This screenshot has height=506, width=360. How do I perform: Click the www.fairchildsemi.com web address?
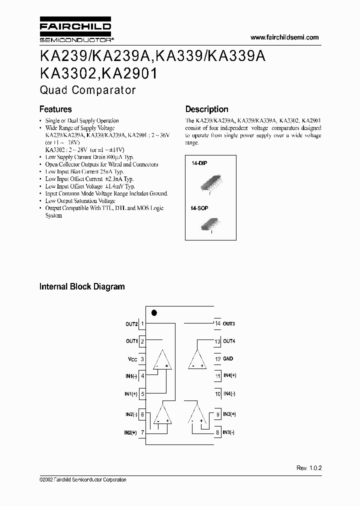pos(284,37)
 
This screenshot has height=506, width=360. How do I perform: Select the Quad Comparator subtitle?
pos(87,90)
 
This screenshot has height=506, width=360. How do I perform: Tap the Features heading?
pos(55,109)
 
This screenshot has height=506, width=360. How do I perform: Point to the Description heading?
pos(206,109)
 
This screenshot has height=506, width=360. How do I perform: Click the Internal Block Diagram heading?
pos(82,287)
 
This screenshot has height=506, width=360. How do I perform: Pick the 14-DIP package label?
pos(199,163)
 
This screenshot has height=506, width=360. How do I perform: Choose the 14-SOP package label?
pos(200,207)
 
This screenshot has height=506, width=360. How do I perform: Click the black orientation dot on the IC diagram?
pos(154,313)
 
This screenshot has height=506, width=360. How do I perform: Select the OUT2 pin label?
pos(131,324)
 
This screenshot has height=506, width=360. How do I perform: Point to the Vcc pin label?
pos(132,359)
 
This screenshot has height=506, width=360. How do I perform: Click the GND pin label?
pos(228,358)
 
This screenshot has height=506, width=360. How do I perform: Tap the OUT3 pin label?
pos(229,324)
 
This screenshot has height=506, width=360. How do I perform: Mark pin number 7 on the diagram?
pos(142,432)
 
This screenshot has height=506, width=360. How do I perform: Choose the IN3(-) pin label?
pos(228,432)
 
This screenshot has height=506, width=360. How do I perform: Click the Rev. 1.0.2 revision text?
pos(308,467)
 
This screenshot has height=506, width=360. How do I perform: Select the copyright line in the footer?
pos(82,479)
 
